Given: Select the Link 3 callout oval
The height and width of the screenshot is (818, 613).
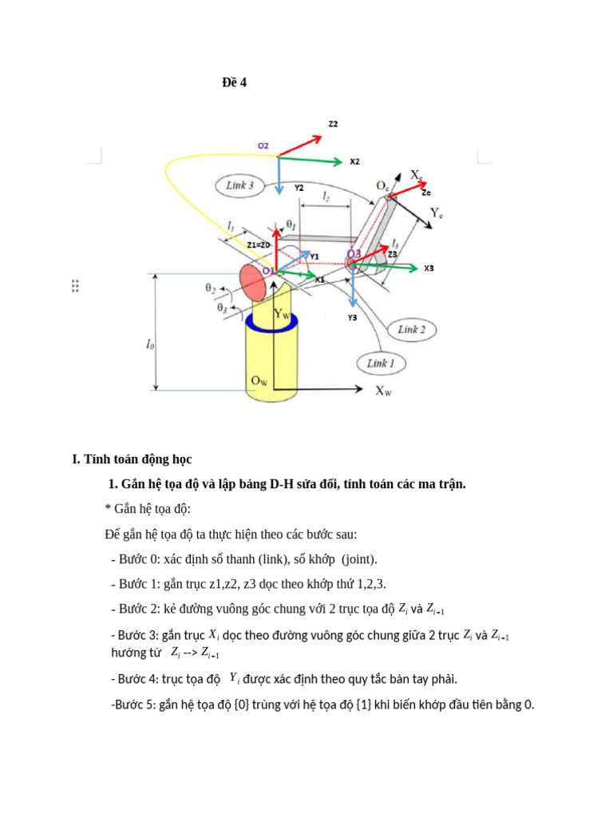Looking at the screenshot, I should (239, 186).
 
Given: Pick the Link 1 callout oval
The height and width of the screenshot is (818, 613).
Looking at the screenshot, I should (381, 363).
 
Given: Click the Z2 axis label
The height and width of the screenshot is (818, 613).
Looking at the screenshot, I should (333, 125).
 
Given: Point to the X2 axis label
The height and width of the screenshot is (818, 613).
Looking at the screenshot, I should (354, 161).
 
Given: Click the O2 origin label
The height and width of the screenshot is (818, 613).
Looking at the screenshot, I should (263, 146).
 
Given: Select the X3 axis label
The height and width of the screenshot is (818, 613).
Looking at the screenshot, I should (429, 268).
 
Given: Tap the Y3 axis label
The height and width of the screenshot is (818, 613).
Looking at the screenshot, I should (352, 318).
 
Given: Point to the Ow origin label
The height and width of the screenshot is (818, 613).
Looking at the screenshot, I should (259, 381).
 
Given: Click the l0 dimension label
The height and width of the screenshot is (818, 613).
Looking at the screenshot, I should (150, 344).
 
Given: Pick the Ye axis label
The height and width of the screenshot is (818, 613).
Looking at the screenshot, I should (437, 213).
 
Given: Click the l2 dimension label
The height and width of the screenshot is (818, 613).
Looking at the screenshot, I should (326, 196).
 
